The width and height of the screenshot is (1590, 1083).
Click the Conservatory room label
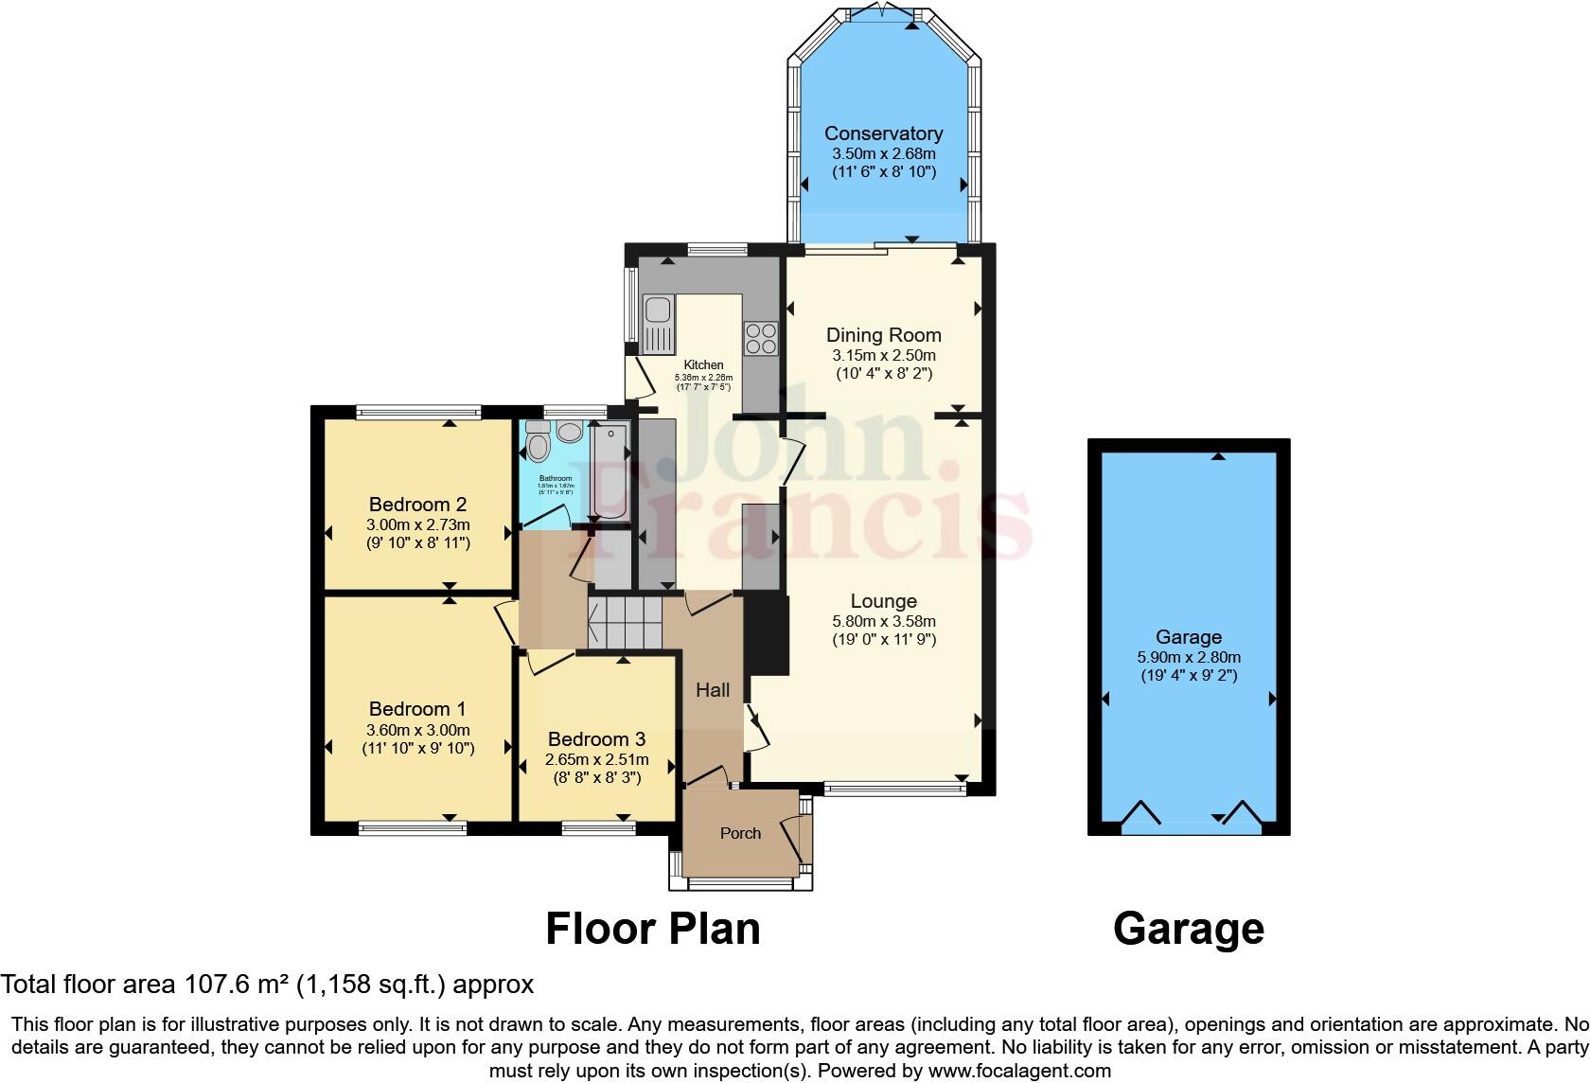click(x=883, y=133)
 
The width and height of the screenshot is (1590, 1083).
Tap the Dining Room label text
click(x=883, y=335)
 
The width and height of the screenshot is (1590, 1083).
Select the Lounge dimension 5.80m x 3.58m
click(x=883, y=622)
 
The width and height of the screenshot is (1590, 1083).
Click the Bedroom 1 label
click(x=417, y=709)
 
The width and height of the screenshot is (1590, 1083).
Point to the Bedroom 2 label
click(x=417, y=505)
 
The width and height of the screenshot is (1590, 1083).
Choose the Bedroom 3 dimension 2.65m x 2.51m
click(x=596, y=760)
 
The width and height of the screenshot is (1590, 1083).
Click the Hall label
click(x=713, y=690)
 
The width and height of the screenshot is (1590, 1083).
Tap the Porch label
click(x=740, y=833)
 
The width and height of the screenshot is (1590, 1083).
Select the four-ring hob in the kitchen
click(x=761, y=338)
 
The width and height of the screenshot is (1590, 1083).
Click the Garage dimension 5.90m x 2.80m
click(x=1189, y=658)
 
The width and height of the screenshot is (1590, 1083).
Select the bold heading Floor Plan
click(x=653, y=929)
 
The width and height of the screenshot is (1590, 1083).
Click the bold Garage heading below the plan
click(x=1189, y=929)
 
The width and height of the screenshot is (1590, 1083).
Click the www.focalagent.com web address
click(x=1019, y=1072)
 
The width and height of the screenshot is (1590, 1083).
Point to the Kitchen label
click(x=703, y=365)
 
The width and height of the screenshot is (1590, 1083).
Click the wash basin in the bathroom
click(x=570, y=433)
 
